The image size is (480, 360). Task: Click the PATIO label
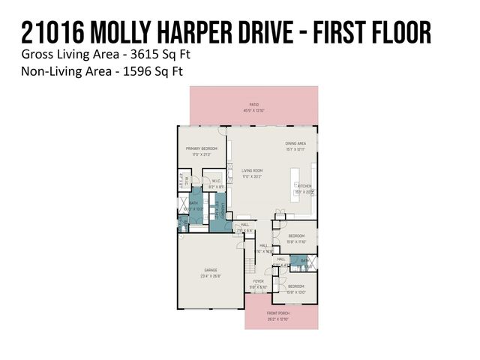[x=254, y=105]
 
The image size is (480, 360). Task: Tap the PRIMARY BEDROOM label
[x=202, y=148]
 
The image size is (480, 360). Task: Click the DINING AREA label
[x=295, y=143]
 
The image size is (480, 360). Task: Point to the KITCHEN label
[x=304, y=185]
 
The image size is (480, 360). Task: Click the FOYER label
[x=258, y=281]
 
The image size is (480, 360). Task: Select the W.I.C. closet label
[x=215, y=180]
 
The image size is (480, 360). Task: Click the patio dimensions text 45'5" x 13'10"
[x=254, y=111]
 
